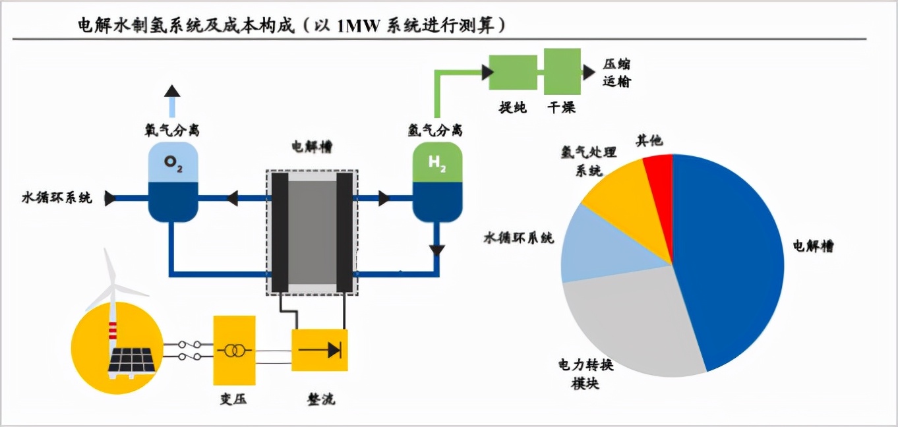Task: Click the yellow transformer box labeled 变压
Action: click(x=234, y=350)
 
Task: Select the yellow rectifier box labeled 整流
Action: click(x=320, y=350)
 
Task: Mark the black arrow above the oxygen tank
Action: click(x=172, y=92)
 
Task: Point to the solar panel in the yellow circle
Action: click(x=133, y=359)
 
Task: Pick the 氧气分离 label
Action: click(x=172, y=130)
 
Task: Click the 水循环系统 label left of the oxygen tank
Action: click(x=57, y=198)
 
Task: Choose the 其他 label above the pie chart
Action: click(x=649, y=141)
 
